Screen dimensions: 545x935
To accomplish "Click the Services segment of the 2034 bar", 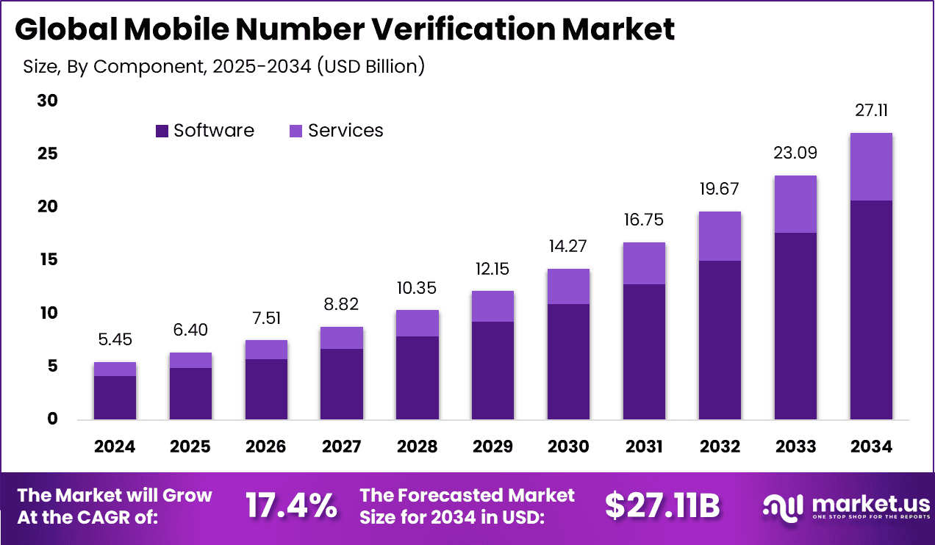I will click(871, 167).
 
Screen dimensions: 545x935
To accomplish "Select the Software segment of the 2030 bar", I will click(568, 361).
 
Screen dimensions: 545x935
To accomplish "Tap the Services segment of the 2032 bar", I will click(720, 236).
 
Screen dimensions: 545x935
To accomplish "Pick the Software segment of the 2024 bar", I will click(115, 397).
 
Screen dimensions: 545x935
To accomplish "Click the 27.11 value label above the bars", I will click(871, 111).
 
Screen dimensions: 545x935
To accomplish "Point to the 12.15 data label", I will click(492, 269).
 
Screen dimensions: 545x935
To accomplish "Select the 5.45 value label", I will click(115, 340).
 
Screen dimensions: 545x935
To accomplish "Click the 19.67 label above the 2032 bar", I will click(720, 190).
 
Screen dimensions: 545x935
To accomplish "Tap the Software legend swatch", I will click(162, 131).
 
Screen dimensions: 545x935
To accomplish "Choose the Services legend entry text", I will click(345, 131).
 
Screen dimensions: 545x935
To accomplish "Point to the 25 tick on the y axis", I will click(48, 154).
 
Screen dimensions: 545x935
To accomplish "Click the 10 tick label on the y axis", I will click(48, 314).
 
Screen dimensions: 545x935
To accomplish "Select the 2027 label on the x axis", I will click(342, 447).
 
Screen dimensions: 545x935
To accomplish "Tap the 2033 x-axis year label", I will click(795, 447).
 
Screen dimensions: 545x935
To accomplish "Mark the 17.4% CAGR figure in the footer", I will click(291, 506).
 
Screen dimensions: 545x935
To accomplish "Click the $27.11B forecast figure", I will click(662, 506).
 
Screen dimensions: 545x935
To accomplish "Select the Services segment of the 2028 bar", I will click(418, 323).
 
